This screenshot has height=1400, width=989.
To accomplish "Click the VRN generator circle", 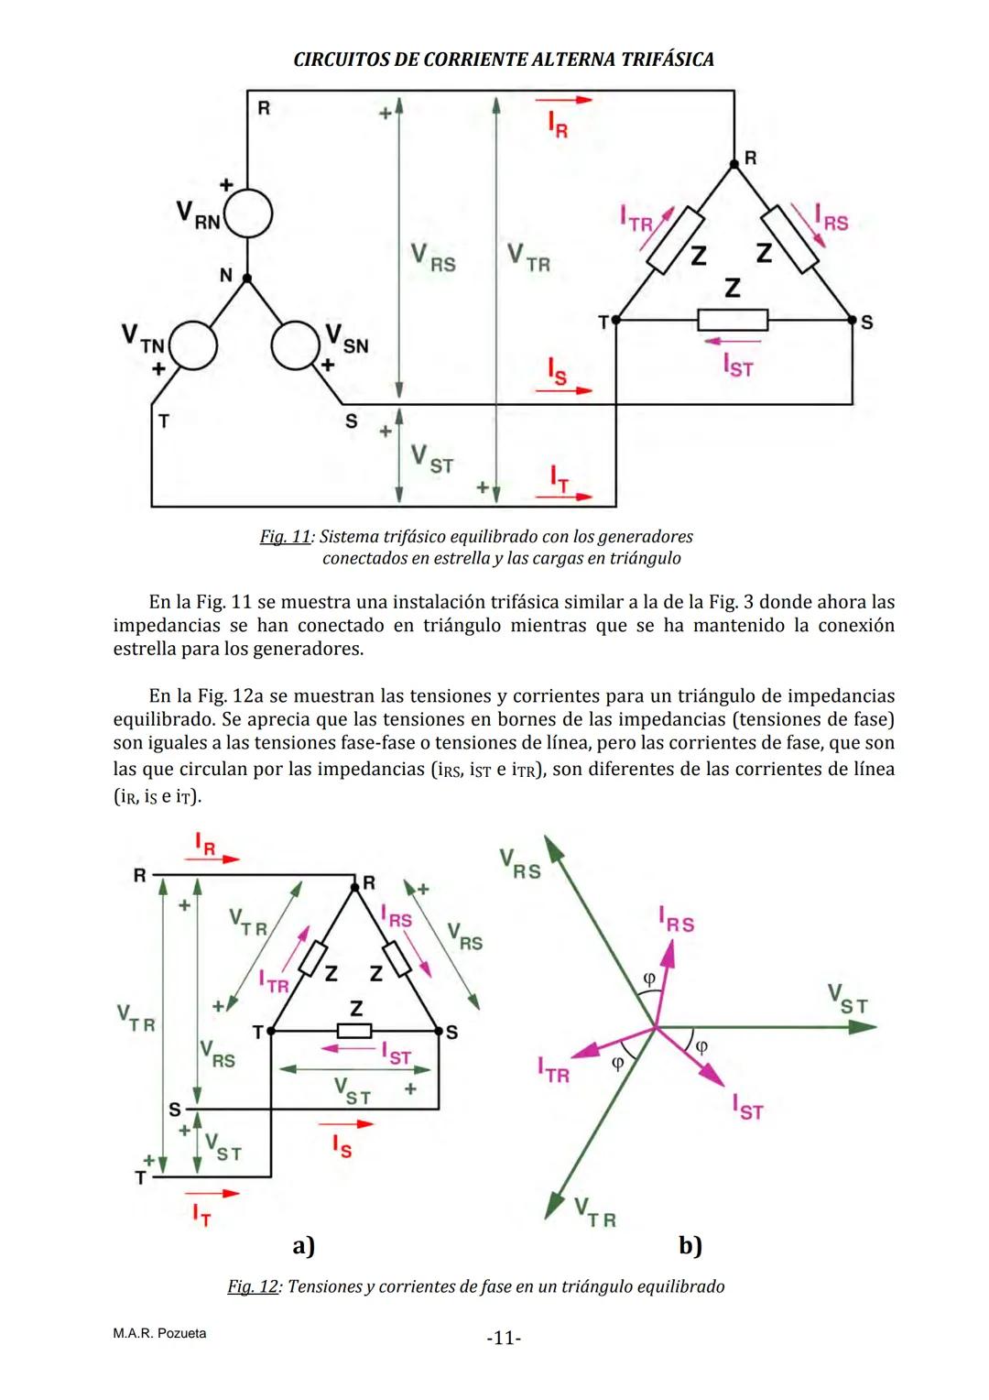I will click(x=248, y=214).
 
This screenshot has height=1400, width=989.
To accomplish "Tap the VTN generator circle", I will click(x=193, y=346).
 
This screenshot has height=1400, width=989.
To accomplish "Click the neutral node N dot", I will click(x=245, y=276).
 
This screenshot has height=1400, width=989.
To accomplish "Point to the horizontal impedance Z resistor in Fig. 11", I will click(x=733, y=320).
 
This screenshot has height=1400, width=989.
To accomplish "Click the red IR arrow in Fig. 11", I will click(x=563, y=99).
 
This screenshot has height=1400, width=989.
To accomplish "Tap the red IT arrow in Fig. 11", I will click(x=563, y=498).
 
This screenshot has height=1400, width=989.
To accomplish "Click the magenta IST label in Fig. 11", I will click(x=737, y=366).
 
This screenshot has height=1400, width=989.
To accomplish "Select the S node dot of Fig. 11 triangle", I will click(x=853, y=320).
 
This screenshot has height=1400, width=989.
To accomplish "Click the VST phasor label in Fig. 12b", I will click(x=847, y=998).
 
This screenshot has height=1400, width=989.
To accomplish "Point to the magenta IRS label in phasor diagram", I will click(x=676, y=919).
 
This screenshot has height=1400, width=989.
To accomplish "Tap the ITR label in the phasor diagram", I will click(x=553, y=1069).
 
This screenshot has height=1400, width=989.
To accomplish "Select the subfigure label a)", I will click(x=303, y=1245).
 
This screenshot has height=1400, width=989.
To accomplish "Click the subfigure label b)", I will click(x=690, y=1245).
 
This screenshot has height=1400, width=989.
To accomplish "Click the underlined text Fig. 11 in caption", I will click(x=285, y=536).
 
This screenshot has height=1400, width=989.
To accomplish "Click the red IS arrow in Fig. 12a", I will click(x=342, y=1122).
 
